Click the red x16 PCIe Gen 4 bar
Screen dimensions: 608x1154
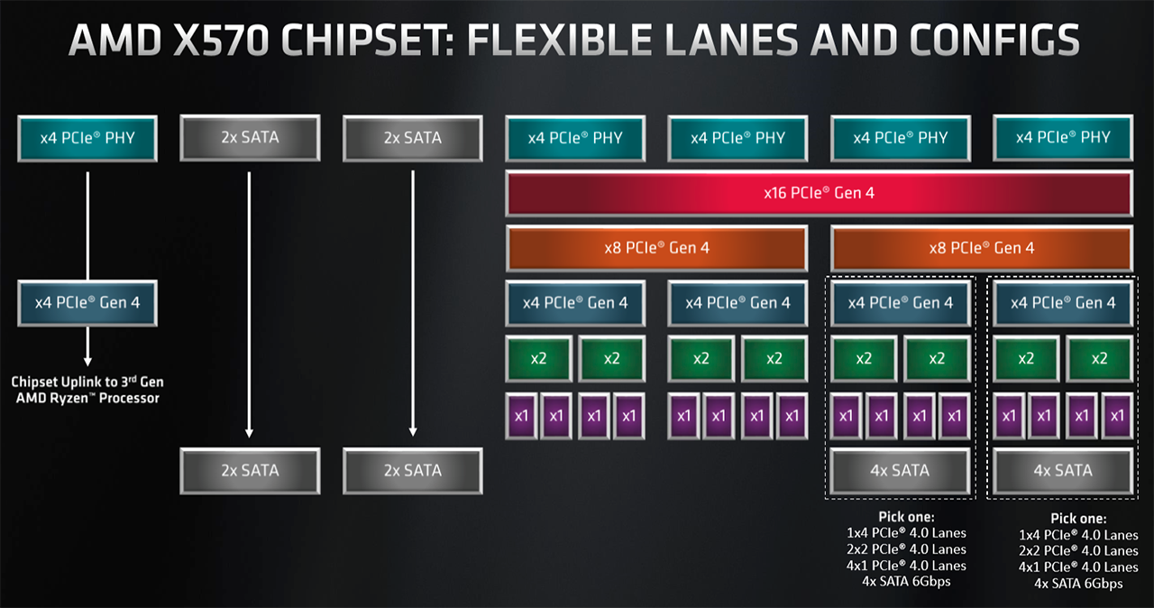point(819,193)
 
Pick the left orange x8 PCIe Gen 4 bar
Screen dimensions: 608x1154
point(656,247)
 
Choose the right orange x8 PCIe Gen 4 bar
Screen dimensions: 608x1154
point(981,247)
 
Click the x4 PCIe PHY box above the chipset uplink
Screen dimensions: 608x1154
point(87,138)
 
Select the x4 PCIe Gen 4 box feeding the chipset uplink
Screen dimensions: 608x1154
point(87,303)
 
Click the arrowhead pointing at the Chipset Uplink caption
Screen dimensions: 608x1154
point(87,360)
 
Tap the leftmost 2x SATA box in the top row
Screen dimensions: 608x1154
point(250,138)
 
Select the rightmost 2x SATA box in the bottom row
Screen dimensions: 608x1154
point(412,470)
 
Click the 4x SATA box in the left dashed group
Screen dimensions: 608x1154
point(900,470)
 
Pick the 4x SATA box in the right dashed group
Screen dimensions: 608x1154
point(1062,470)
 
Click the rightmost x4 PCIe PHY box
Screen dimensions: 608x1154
point(1062,138)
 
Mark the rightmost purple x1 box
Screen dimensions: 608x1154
point(1117,416)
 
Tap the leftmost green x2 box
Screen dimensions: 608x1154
point(538,358)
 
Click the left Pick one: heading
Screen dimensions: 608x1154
point(906,517)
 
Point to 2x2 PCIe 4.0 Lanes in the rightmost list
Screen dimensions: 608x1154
point(1078,550)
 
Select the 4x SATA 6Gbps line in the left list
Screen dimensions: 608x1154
point(906,582)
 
